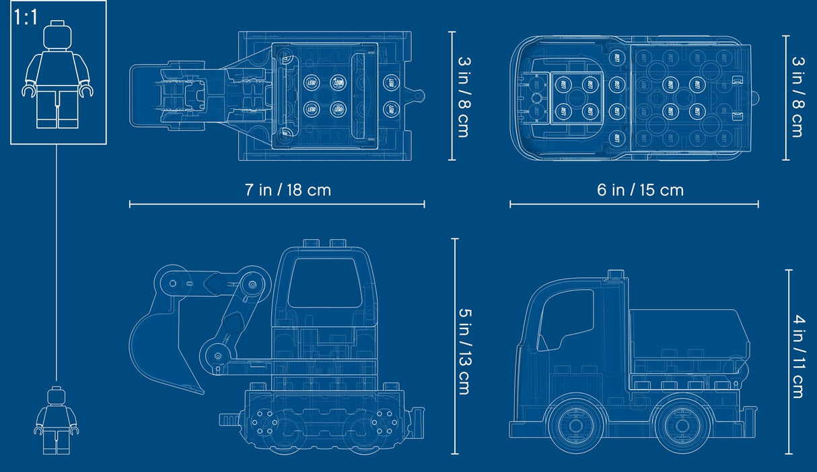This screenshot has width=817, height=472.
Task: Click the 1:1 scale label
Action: click(26, 17)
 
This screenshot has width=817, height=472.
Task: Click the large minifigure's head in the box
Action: click(57, 36)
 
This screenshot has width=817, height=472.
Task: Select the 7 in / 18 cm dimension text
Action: click(287, 190)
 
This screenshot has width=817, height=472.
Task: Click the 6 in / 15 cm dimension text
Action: click(639, 190)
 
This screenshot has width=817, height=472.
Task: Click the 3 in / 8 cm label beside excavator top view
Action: click(464, 96)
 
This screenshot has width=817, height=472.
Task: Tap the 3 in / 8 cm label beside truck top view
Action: click(797, 96)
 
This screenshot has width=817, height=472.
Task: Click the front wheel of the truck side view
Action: click(575, 426)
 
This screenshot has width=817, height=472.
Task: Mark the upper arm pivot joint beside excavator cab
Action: click(252, 284)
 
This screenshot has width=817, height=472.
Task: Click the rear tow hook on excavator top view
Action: click(419, 96)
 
